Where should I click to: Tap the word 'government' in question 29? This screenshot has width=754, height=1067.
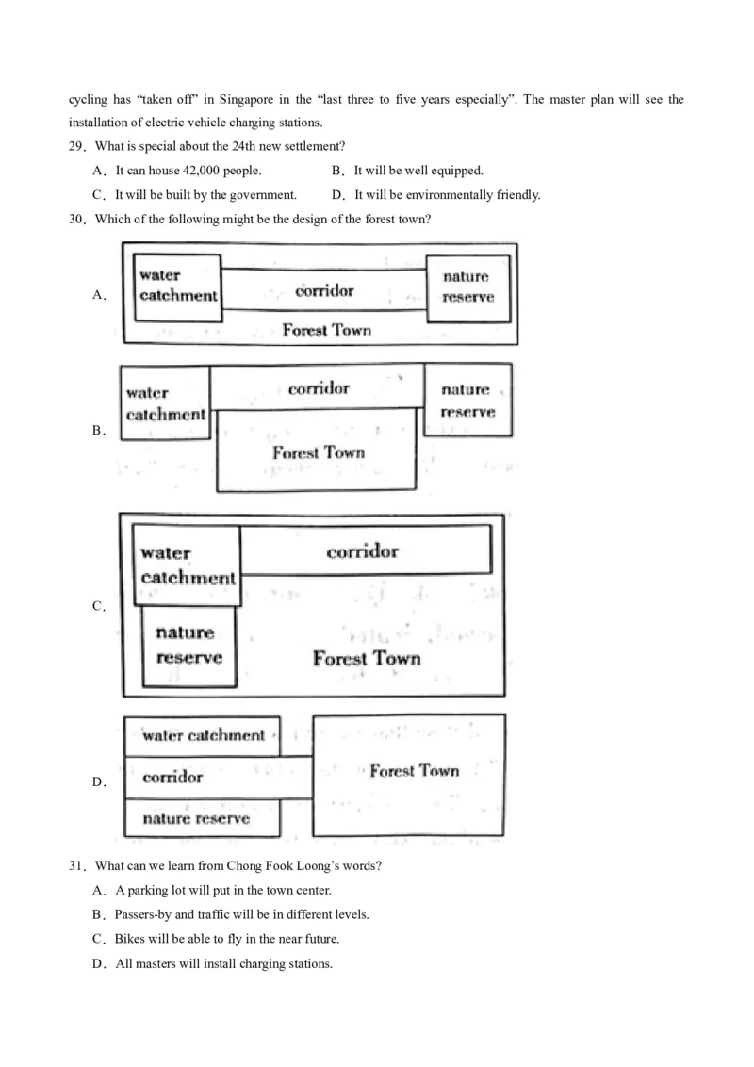coord(267,195)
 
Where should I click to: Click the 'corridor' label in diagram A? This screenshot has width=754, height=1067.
coord(324,290)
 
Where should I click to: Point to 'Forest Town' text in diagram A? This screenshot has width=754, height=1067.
coord(326,330)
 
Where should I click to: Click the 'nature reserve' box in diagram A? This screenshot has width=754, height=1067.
coord(467,287)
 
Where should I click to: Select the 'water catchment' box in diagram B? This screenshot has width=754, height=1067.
coord(165,403)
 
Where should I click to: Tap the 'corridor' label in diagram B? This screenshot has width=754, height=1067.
coord(319,388)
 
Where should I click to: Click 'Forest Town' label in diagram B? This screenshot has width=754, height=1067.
coord(319,452)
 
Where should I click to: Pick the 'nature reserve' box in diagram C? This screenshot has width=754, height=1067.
coord(188,646)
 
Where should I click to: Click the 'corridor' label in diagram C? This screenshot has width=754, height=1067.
coord(363,551)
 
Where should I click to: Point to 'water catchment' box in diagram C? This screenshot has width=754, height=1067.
coord(188,565)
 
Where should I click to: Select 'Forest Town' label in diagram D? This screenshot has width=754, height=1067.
coord(414,771)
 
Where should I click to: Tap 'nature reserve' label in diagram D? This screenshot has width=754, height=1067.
coord(196,818)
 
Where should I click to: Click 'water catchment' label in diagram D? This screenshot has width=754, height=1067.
coord(204,735)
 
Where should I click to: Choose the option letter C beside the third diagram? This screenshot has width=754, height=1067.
coord(98,606)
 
